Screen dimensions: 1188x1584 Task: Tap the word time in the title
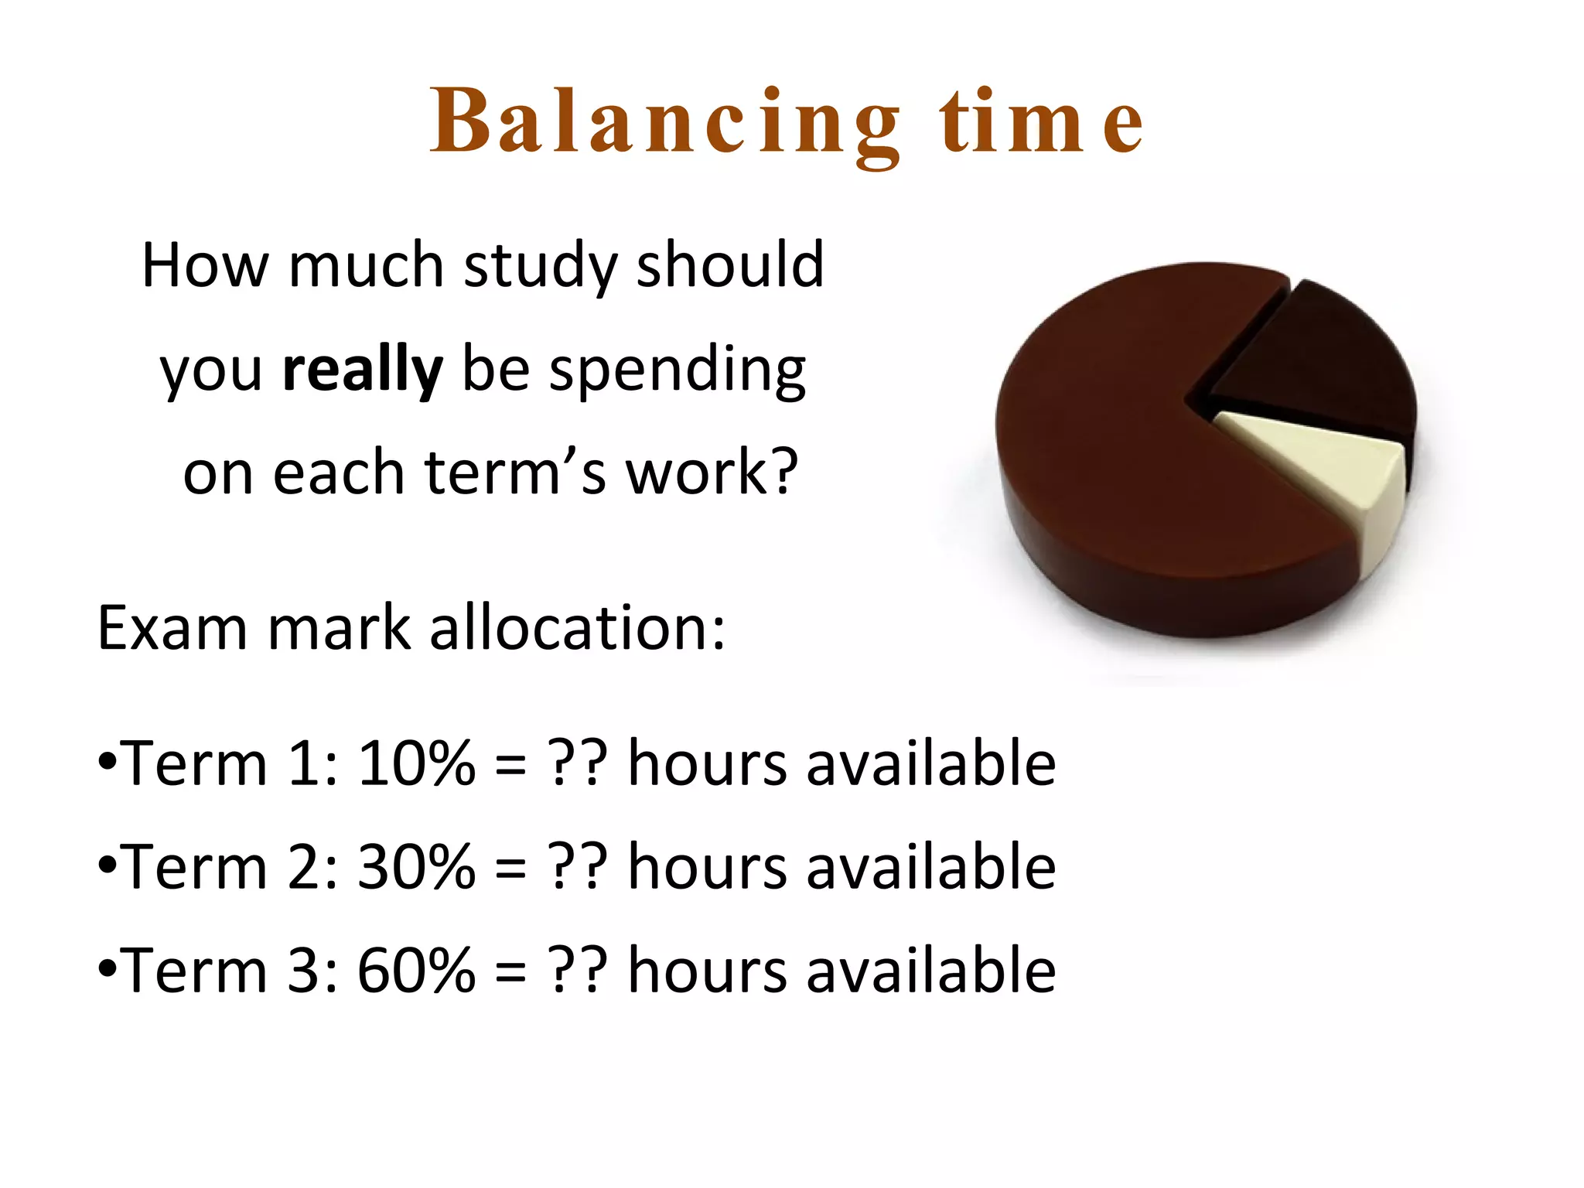tap(1040, 124)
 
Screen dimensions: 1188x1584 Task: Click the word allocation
tap(577, 628)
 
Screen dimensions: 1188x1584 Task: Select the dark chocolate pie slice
tap(1323, 364)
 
